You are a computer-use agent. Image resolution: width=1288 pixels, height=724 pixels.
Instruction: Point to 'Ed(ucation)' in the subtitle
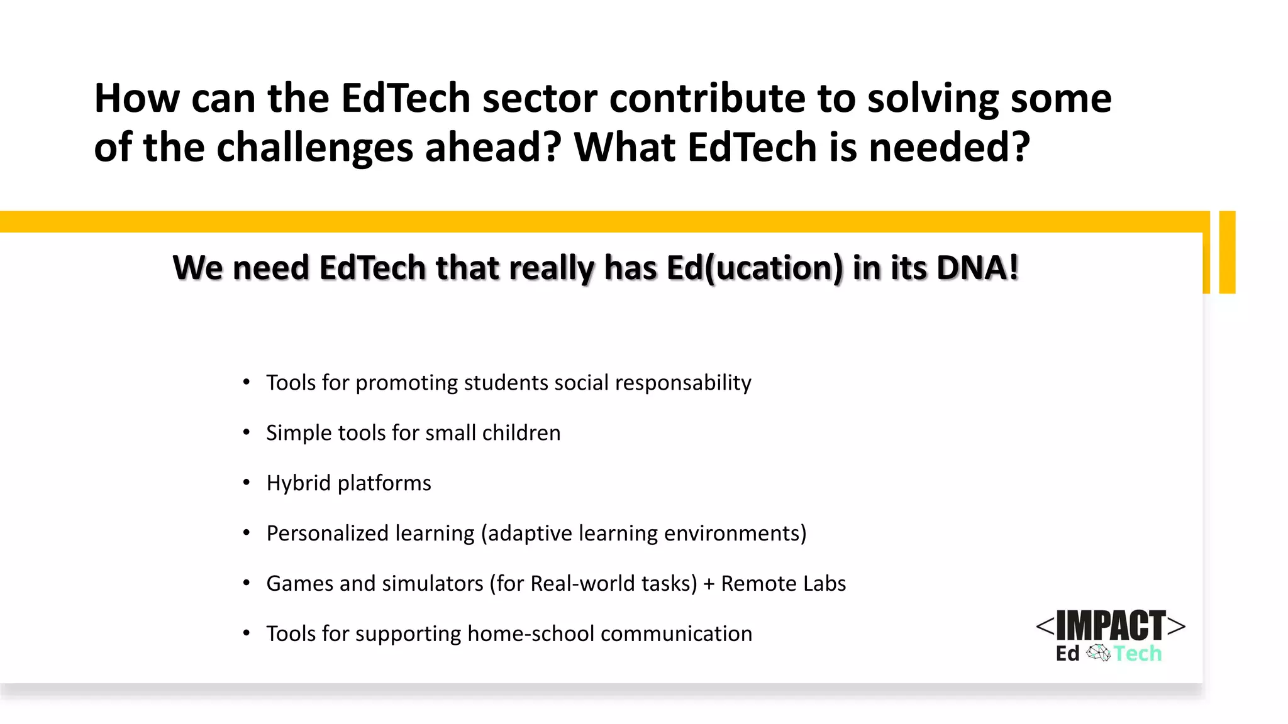point(754,268)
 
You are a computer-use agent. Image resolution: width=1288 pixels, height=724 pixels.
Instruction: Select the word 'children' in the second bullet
point(521,433)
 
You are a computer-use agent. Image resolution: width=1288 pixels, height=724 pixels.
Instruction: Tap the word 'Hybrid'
point(298,483)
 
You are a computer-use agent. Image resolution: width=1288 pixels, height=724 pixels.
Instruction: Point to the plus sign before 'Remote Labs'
point(709,584)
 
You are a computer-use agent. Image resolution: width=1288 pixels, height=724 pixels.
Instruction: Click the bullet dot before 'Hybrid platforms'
point(247,483)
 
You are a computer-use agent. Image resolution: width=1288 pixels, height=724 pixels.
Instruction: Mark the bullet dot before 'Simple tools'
point(247,432)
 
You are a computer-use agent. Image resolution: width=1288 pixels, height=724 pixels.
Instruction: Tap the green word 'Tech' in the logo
point(1138,654)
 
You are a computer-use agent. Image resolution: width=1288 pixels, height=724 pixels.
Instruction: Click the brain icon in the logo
point(1098,653)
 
